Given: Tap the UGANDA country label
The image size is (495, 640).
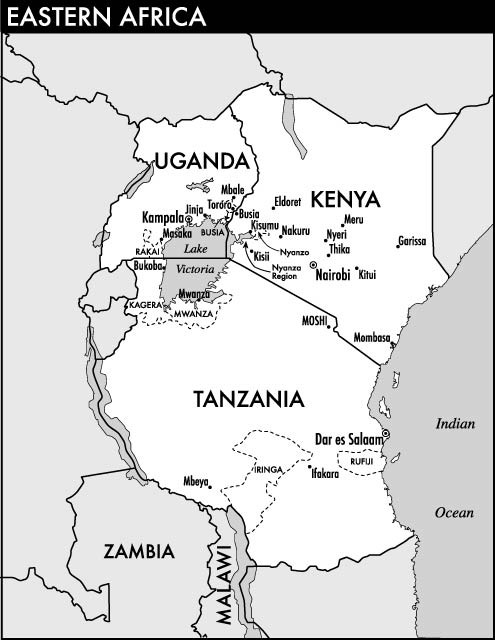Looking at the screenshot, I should pyautogui.click(x=200, y=161).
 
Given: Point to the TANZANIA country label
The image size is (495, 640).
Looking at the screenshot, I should pyautogui.click(x=247, y=399).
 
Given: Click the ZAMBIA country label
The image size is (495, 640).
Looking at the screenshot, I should pyautogui.click(x=140, y=551).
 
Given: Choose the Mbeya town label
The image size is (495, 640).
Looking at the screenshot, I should pyautogui.click(x=196, y=481).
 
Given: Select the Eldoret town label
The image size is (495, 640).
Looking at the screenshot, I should pyautogui.click(x=287, y=200).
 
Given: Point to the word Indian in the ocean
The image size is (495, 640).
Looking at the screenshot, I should pyautogui.click(x=454, y=424).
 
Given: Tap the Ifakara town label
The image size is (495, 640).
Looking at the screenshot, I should pyautogui.click(x=327, y=475).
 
